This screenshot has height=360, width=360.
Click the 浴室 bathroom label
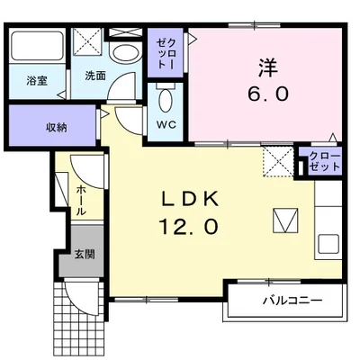(37, 81)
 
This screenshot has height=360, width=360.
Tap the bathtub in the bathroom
(37, 45)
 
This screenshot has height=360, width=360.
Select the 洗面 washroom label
(95, 76)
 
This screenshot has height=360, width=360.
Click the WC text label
(166, 124)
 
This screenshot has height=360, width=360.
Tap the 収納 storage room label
(56, 128)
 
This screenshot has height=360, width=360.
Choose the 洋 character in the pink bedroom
(268, 68)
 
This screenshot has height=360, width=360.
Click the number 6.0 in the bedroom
(268, 94)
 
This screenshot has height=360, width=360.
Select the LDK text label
(190, 199)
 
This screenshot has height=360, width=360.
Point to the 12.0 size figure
(189, 226)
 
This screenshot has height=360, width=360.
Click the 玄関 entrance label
(85, 255)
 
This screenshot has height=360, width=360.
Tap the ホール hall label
(81, 201)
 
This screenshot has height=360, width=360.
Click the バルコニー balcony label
(292, 300)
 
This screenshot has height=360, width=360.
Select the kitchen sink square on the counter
(328, 244)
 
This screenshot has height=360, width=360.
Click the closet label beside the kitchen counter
(325, 161)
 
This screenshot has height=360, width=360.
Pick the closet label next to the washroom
(166, 53)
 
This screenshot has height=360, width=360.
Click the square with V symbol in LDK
(285, 220)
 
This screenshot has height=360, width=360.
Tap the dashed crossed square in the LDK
(278, 162)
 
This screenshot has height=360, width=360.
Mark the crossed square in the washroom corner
(88, 41)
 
